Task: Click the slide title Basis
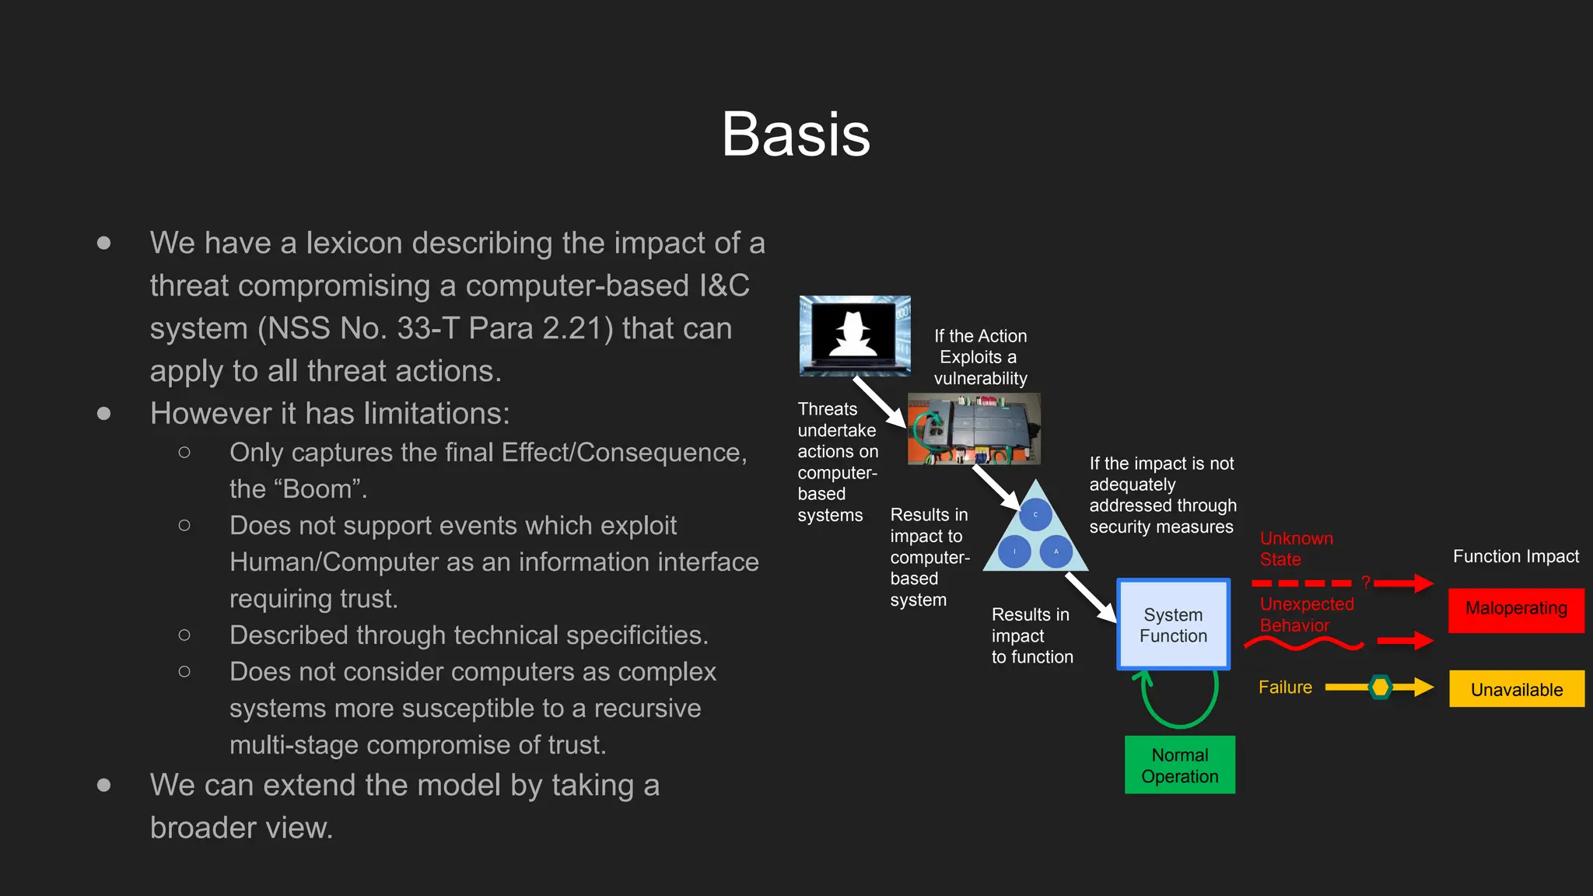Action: pos(796,135)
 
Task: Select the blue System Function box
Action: pos(1173,625)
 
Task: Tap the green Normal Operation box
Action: pos(1179,765)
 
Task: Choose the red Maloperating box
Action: pos(1516,609)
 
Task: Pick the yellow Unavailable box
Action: pos(1516,689)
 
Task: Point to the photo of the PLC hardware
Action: pos(974,429)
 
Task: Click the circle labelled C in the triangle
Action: pos(1035,515)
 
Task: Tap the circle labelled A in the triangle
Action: pos(1056,551)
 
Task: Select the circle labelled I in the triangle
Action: pos(1014,551)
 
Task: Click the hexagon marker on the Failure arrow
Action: pos(1381,688)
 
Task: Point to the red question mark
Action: pos(1365,583)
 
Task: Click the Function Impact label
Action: pos(1515,556)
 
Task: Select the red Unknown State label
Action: pos(1296,548)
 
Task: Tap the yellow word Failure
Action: pos(1285,688)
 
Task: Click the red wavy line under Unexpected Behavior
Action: pos(1304,643)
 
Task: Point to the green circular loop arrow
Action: pos(1179,700)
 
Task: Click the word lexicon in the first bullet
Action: pos(355,243)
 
